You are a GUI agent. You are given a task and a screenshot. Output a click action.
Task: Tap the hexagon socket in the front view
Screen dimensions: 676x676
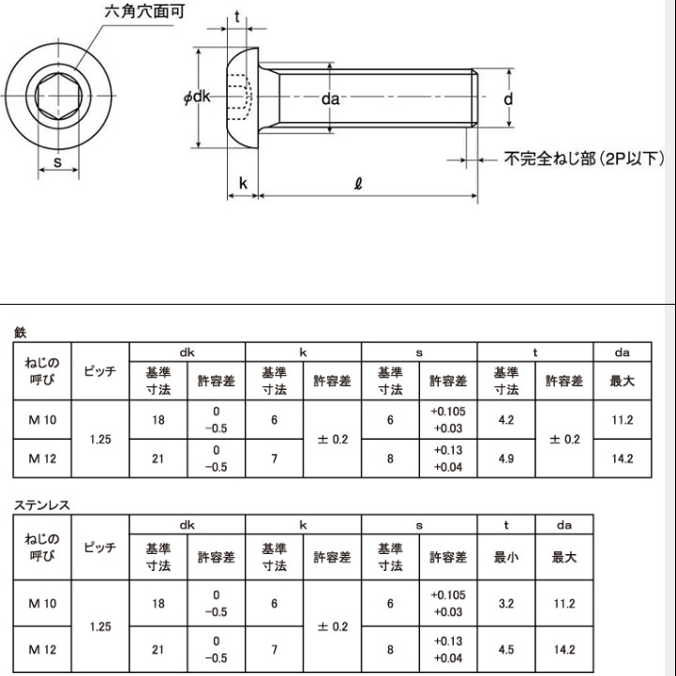pyautogui.click(x=57, y=96)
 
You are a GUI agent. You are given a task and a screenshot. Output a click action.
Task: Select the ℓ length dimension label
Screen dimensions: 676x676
pyautogui.click(x=359, y=185)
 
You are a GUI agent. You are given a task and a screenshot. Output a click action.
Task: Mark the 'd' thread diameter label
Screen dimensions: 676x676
pyautogui.click(x=506, y=98)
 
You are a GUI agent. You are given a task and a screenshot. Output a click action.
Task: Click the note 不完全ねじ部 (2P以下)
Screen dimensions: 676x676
pyautogui.click(x=571, y=158)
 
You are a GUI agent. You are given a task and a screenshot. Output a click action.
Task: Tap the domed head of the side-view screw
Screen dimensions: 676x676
pyautogui.click(x=242, y=98)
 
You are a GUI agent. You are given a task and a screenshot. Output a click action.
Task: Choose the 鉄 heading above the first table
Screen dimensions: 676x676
pyautogui.click(x=20, y=331)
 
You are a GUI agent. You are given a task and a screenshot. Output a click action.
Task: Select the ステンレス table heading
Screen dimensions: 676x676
pyautogui.click(x=42, y=504)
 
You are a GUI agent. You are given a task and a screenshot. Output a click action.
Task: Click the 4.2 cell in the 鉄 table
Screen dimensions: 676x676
pyautogui.click(x=506, y=420)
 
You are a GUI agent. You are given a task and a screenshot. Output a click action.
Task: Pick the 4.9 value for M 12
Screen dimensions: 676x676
pyautogui.click(x=506, y=458)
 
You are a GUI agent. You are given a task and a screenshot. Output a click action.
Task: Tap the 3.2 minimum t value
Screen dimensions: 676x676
pyautogui.click(x=506, y=604)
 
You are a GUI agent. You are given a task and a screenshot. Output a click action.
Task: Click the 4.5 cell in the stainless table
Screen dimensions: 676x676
pyautogui.click(x=506, y=649)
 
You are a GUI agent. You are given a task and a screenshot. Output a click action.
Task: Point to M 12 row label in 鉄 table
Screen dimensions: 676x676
pyautogui.click(x=42, y=458)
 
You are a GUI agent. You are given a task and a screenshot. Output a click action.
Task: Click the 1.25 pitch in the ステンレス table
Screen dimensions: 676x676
pyautogui.click(x=100, y=626)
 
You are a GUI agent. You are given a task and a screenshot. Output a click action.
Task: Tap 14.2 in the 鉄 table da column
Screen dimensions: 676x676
pyautogui.click(x=622, y=458)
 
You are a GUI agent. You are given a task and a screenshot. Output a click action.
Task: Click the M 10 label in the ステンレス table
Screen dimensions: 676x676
pyautogui.click(x=42, y=604)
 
